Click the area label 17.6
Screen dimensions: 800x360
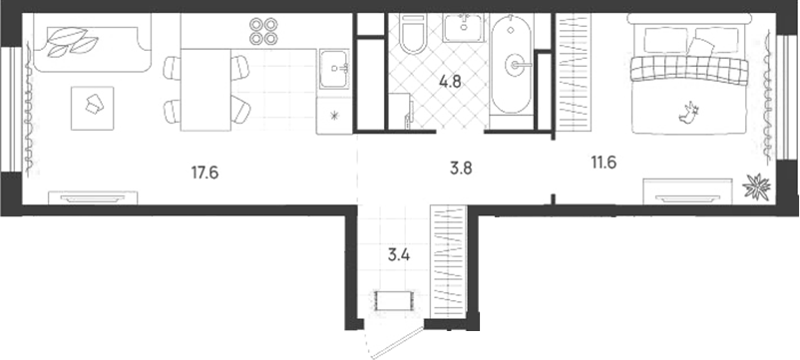(205, 173)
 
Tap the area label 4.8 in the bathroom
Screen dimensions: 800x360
(450, 81)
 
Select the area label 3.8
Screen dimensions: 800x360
(461, 169)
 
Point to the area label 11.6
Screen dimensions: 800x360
(604, 163)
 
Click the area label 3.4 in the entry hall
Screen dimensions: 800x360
(399, 254)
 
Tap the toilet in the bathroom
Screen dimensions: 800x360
(413, 34)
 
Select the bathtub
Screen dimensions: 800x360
(512, 64)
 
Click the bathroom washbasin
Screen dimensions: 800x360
(462, 28)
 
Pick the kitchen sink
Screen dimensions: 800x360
(335, 68)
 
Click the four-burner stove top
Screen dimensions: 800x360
(263, 31)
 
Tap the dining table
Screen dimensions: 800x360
(206, 90)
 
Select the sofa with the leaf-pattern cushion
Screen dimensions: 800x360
(93, 42)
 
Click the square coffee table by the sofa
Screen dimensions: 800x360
(93, 108)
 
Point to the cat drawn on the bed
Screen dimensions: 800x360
(688, 113)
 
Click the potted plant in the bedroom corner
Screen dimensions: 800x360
(756, 186)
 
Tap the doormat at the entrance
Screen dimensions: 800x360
(393, 300)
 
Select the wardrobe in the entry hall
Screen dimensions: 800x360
(449, 261)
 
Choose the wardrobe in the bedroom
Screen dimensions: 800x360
(573, 73)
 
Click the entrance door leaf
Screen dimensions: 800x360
(398, 343)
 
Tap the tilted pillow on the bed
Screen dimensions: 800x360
(701, 49)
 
